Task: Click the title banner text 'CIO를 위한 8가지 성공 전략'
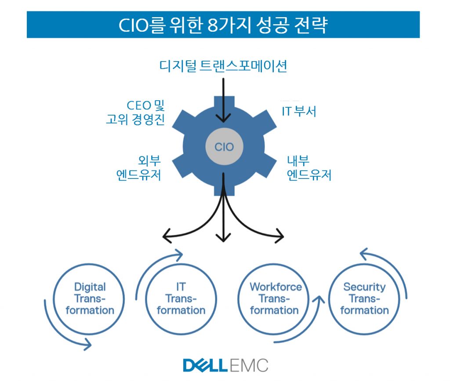(x=223, y=25)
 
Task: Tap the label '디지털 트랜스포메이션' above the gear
(x=223, y=66)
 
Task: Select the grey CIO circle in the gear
(x=224, y=146)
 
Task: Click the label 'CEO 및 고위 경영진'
(x=135, y=113)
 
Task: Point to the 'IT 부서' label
(x=299, y=111)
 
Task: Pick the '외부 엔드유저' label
(x=138, y=168)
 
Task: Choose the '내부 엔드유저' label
(x=309, y=168)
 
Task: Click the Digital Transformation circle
(x=89, y=299)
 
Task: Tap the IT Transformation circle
(x=181, y=299)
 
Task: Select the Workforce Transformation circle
(x=273, y=299)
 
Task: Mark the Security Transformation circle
(x=364, y=299)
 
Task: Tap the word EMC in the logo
(x=249, y=365)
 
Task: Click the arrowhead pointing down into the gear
(x=223, y=118)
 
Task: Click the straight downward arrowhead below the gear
(x=223, y=238)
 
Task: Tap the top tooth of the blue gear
(x=224, y=102)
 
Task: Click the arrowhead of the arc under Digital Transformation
(x=88, y=344)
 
